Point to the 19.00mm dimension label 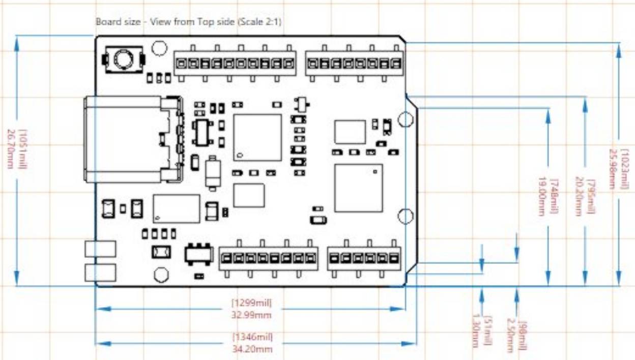coord(542,196)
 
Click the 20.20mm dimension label coord(579,196)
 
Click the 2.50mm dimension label coord(510,335)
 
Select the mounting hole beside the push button coord(160,48)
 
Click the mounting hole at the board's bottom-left coord(161,275)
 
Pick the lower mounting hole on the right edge coord(406,216)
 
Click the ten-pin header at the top coord(235,64)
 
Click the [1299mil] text coord(252,303)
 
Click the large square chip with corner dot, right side coord(358,188)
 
